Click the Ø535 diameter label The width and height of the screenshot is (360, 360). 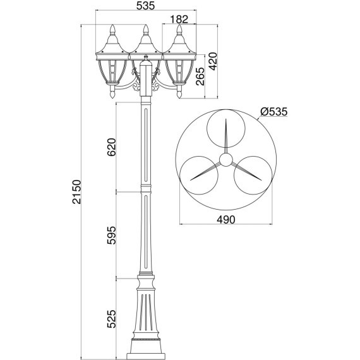[x=273, y=112]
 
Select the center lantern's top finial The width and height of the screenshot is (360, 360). [x=146, y=29]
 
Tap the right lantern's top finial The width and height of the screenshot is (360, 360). [x=180, y=29]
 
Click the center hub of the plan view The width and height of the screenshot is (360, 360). [x=225, y=160]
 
